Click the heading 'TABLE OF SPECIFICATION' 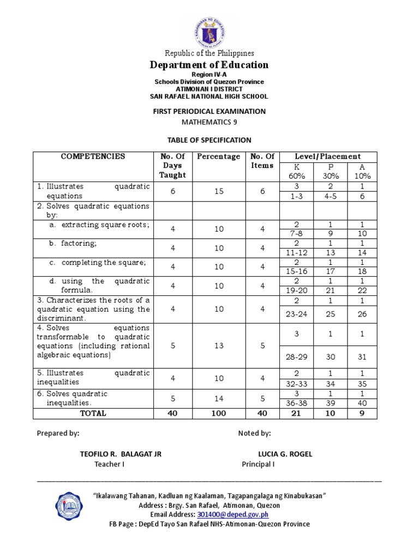(x=209, y=140)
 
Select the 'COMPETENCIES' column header (x=93, y=156)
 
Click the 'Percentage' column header (x=219, y=156)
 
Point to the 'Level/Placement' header (x=328, y=156)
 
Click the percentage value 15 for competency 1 (x=219, y=192)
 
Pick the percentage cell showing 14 (x=219, y=398)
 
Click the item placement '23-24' (x=296, y=314)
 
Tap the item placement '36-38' (x=296, y=403)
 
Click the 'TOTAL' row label (x=93, y=414)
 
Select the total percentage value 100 (x=219, y=414)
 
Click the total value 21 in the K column (x=296, y=414)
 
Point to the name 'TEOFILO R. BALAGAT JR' (x=121, y=454)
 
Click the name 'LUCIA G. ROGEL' (x=285, y=454)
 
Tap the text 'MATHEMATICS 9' (x=209, y=123)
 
